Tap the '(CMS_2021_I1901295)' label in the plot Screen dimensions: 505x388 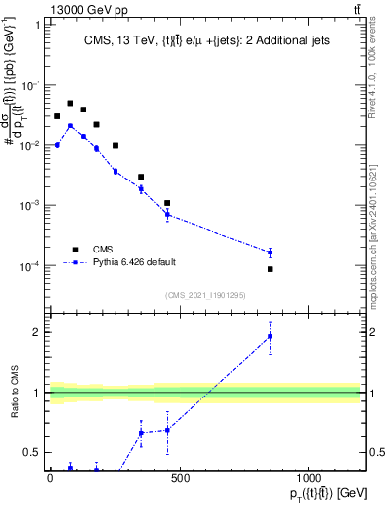[204, 295]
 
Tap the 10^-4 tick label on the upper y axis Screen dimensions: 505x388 [28, 266]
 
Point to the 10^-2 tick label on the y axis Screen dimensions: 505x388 [28, 145]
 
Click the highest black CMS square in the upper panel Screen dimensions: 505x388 [70, 103]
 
